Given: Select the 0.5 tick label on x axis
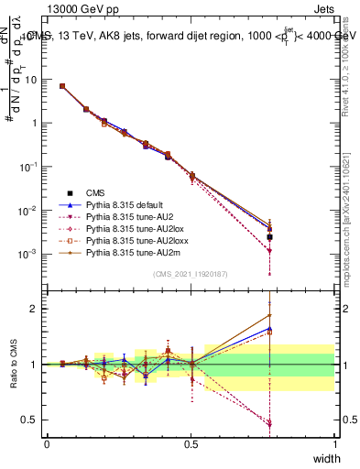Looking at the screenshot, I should pos(191,443).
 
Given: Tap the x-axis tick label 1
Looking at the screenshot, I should pos(334,443).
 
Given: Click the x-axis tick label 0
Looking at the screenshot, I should pos(47,443).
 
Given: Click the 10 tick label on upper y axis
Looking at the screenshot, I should pos(29,79).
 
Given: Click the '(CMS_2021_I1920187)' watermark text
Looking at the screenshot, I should pos(191,274).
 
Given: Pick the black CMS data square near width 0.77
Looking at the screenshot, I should pos(269,237).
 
